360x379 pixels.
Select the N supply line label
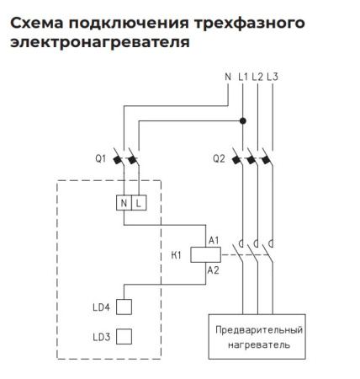coord(227,77)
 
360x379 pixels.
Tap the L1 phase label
coord(243,77)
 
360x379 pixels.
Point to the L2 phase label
coord(257,77)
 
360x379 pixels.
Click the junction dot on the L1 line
coord(243,120)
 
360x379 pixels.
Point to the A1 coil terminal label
coord(213,241)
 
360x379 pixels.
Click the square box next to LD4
coord(124,307)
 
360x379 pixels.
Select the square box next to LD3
coord(124,337)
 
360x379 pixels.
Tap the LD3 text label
coord(100,337)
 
